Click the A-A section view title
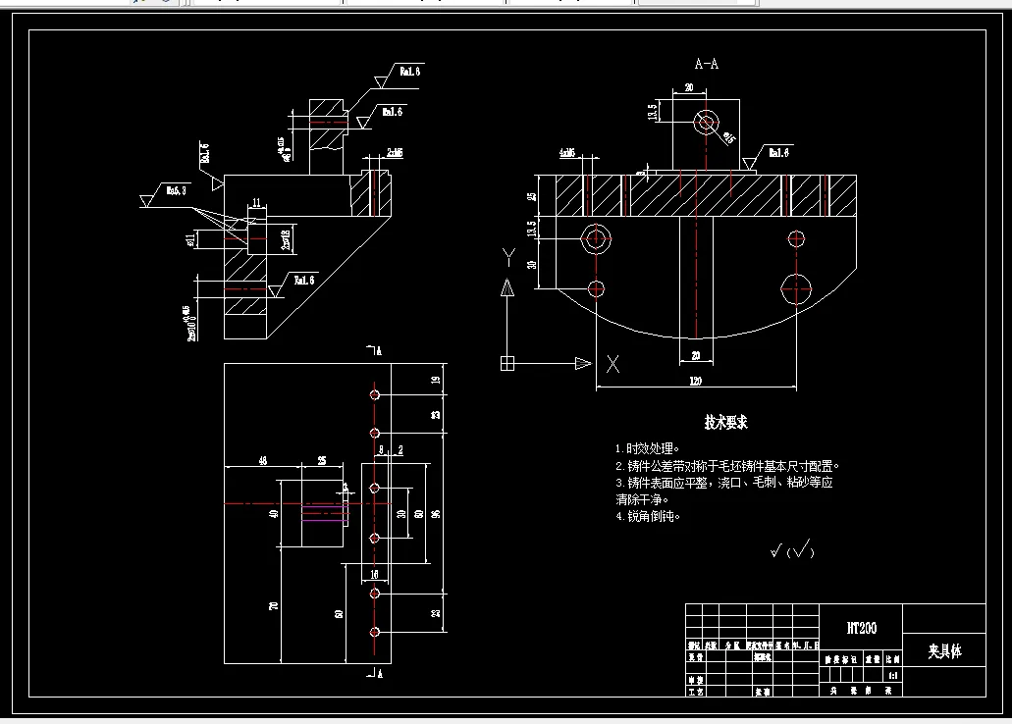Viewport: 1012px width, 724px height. point(706,65)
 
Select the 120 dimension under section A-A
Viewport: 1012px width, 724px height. point(695,380)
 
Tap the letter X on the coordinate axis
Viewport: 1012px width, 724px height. point(613,364)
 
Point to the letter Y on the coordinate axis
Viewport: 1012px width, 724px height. point(507,257)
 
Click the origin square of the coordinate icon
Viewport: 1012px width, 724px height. point(506,363)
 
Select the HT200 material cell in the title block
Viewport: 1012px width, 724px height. point(861,628)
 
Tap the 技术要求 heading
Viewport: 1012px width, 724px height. point(725,422)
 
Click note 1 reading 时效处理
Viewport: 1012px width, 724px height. point(647,448)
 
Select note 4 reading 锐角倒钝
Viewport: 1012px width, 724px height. point(647,516)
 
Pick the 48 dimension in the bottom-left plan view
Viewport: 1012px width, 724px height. point(262,459)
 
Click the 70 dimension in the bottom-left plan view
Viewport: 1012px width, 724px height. point(274,606)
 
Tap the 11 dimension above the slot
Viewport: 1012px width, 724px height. point(256,203)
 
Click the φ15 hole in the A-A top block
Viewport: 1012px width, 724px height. point(706,123)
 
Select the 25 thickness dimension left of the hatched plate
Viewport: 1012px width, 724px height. point(532,196)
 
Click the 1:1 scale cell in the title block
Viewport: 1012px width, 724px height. point(892,676)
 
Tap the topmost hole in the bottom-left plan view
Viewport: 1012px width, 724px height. point(375,394)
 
